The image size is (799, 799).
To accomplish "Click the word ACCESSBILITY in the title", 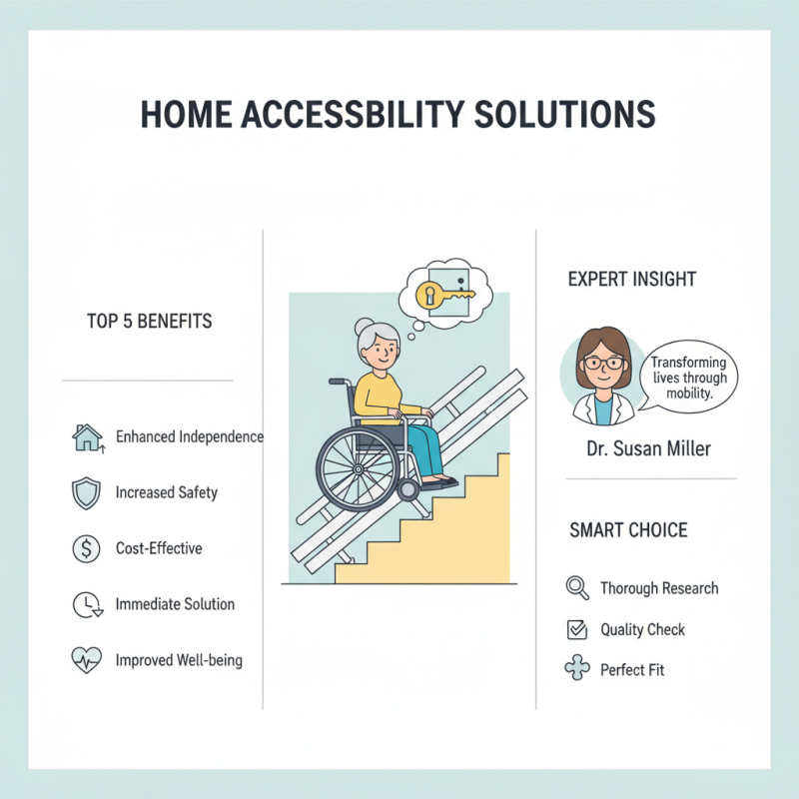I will [355, 114].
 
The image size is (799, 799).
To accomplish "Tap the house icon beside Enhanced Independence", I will [87, 437].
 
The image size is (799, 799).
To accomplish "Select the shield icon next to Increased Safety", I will [87, 492].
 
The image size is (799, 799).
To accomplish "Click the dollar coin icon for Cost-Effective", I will [87, 548].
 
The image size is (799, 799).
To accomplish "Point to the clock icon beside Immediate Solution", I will [87, 604].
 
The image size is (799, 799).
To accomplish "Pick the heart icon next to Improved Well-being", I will [87, 660].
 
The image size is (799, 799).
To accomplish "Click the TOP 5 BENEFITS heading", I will [149, 323].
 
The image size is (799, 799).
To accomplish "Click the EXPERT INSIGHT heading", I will [632, 279].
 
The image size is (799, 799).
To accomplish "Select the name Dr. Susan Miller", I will [648, 448].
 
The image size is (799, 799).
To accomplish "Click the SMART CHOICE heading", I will [628, 529].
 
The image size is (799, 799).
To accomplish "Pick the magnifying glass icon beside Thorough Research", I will [577, 587].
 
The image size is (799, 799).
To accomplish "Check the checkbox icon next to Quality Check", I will [576, 629].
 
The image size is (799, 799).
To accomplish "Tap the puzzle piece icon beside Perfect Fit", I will [576, 669].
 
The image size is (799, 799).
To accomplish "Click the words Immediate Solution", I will [175, 604].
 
